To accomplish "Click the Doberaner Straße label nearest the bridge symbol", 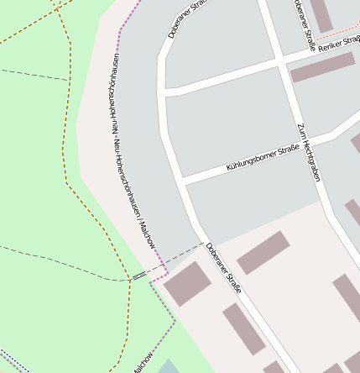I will (x=223, y=267).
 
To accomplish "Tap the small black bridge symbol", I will (x=138, y=276).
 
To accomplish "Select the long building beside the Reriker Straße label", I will (x=322, y=67).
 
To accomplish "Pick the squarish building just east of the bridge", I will (x=187, y=284).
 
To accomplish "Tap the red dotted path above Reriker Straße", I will (x=340, y=39).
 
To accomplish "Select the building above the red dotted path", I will (x=321, y=15).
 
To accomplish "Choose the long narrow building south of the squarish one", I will (x=243, y=329).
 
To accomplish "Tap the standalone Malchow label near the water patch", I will (x=143, y=359).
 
